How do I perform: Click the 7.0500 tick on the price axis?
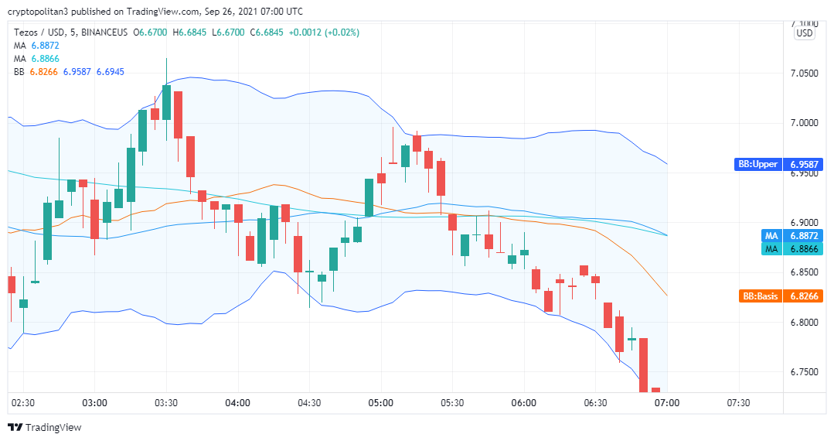point(804,73)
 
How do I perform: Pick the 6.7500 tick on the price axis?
point(804,372)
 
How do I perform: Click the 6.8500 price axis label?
point(804,272)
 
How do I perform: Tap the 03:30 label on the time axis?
point(166,402)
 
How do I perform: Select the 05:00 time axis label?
point(381,402)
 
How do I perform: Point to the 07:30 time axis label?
point(739,402)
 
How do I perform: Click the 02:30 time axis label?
point(23,402)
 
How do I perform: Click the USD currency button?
point(805,33)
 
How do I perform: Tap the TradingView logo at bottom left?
point(44,427)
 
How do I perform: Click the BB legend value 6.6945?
point(110,71)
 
